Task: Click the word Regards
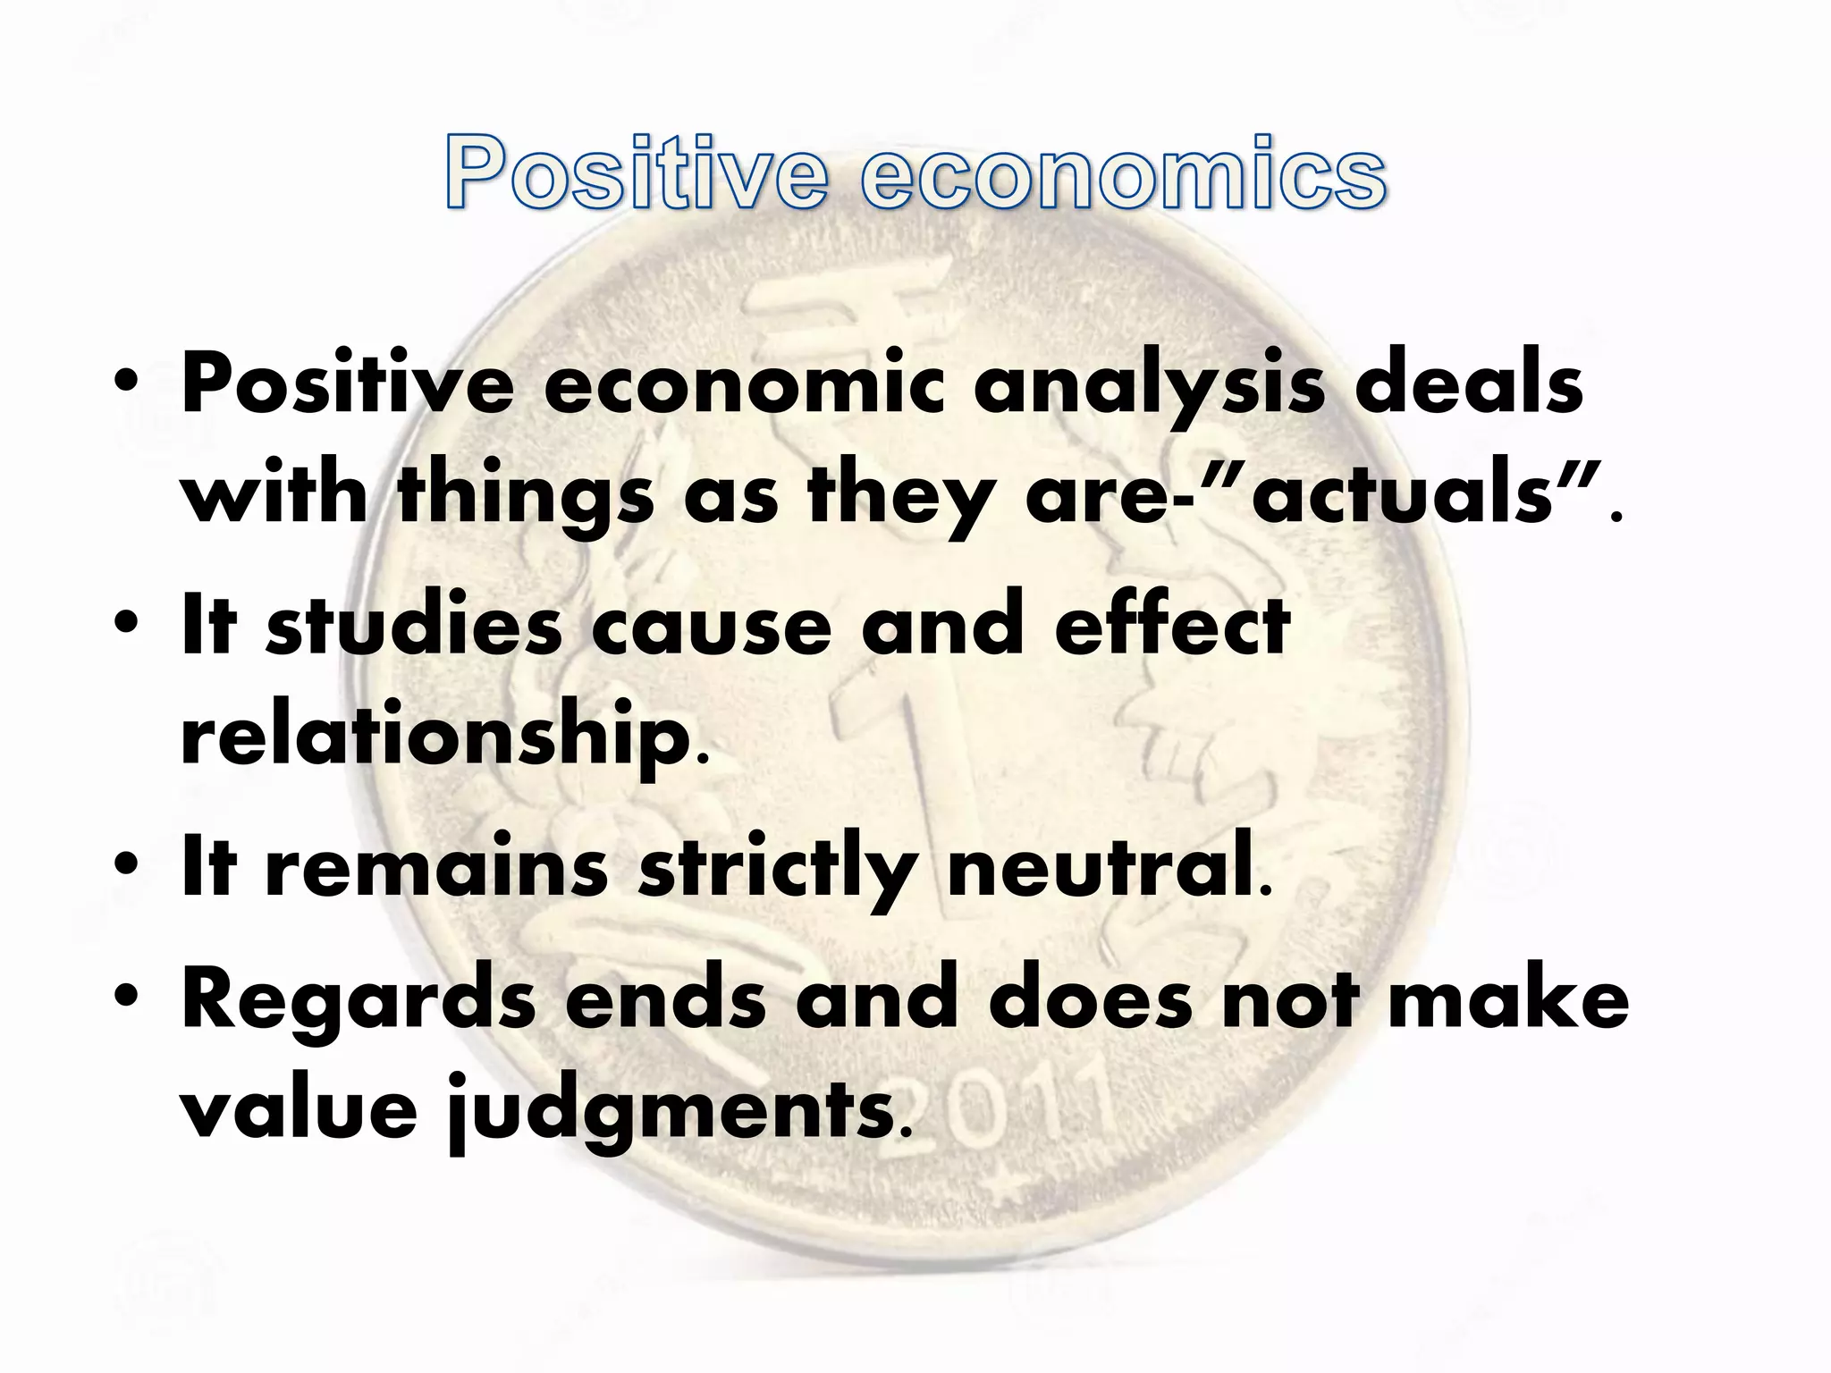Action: point(358,1001)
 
